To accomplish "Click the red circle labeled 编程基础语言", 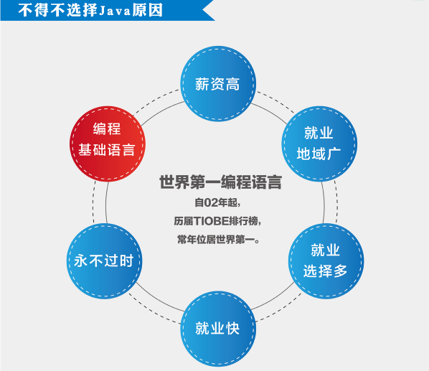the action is point(108,144).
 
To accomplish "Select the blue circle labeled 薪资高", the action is point(218,84).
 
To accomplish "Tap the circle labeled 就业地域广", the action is point(319,144).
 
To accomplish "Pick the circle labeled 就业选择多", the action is point(326,261).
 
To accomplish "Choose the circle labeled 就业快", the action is point(218,329).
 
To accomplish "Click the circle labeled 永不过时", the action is point(104,261).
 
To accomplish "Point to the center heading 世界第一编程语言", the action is point(220,182).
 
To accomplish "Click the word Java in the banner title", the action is point(115,11).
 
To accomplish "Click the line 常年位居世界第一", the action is point(218,240).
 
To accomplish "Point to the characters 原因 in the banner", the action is point(148,10).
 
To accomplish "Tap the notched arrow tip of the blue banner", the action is point(203,10).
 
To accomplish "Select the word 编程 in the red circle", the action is point(107,129).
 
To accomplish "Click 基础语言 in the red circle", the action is point(107,150).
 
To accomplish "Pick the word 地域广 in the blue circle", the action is point(319,154).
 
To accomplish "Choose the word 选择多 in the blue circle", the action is point(325,271).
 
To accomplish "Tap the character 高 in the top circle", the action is point(233,84).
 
